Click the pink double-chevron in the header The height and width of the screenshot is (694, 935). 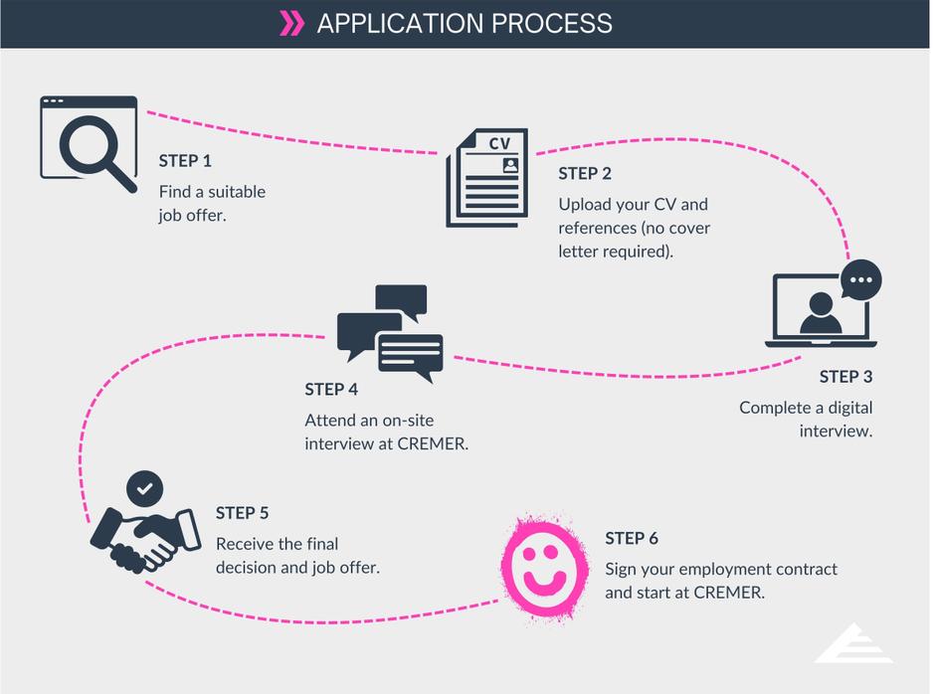coord(291,23)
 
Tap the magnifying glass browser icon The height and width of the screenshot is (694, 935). coord(88,142)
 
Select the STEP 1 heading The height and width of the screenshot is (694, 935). coord(185,161)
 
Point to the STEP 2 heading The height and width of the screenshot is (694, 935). coord(585,173)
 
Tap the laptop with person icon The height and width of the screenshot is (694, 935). coord(820,311)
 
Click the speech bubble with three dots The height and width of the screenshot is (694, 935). coord(860,279)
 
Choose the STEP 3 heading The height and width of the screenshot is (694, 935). coord(845,377)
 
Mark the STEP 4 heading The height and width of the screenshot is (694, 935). coord(331,390)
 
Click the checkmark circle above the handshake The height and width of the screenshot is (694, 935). coord(145,489)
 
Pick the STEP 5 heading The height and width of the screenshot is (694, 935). coord(242,513)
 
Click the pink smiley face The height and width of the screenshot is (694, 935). coord(542,564)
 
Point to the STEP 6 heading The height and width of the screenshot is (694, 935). coord(632,538)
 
